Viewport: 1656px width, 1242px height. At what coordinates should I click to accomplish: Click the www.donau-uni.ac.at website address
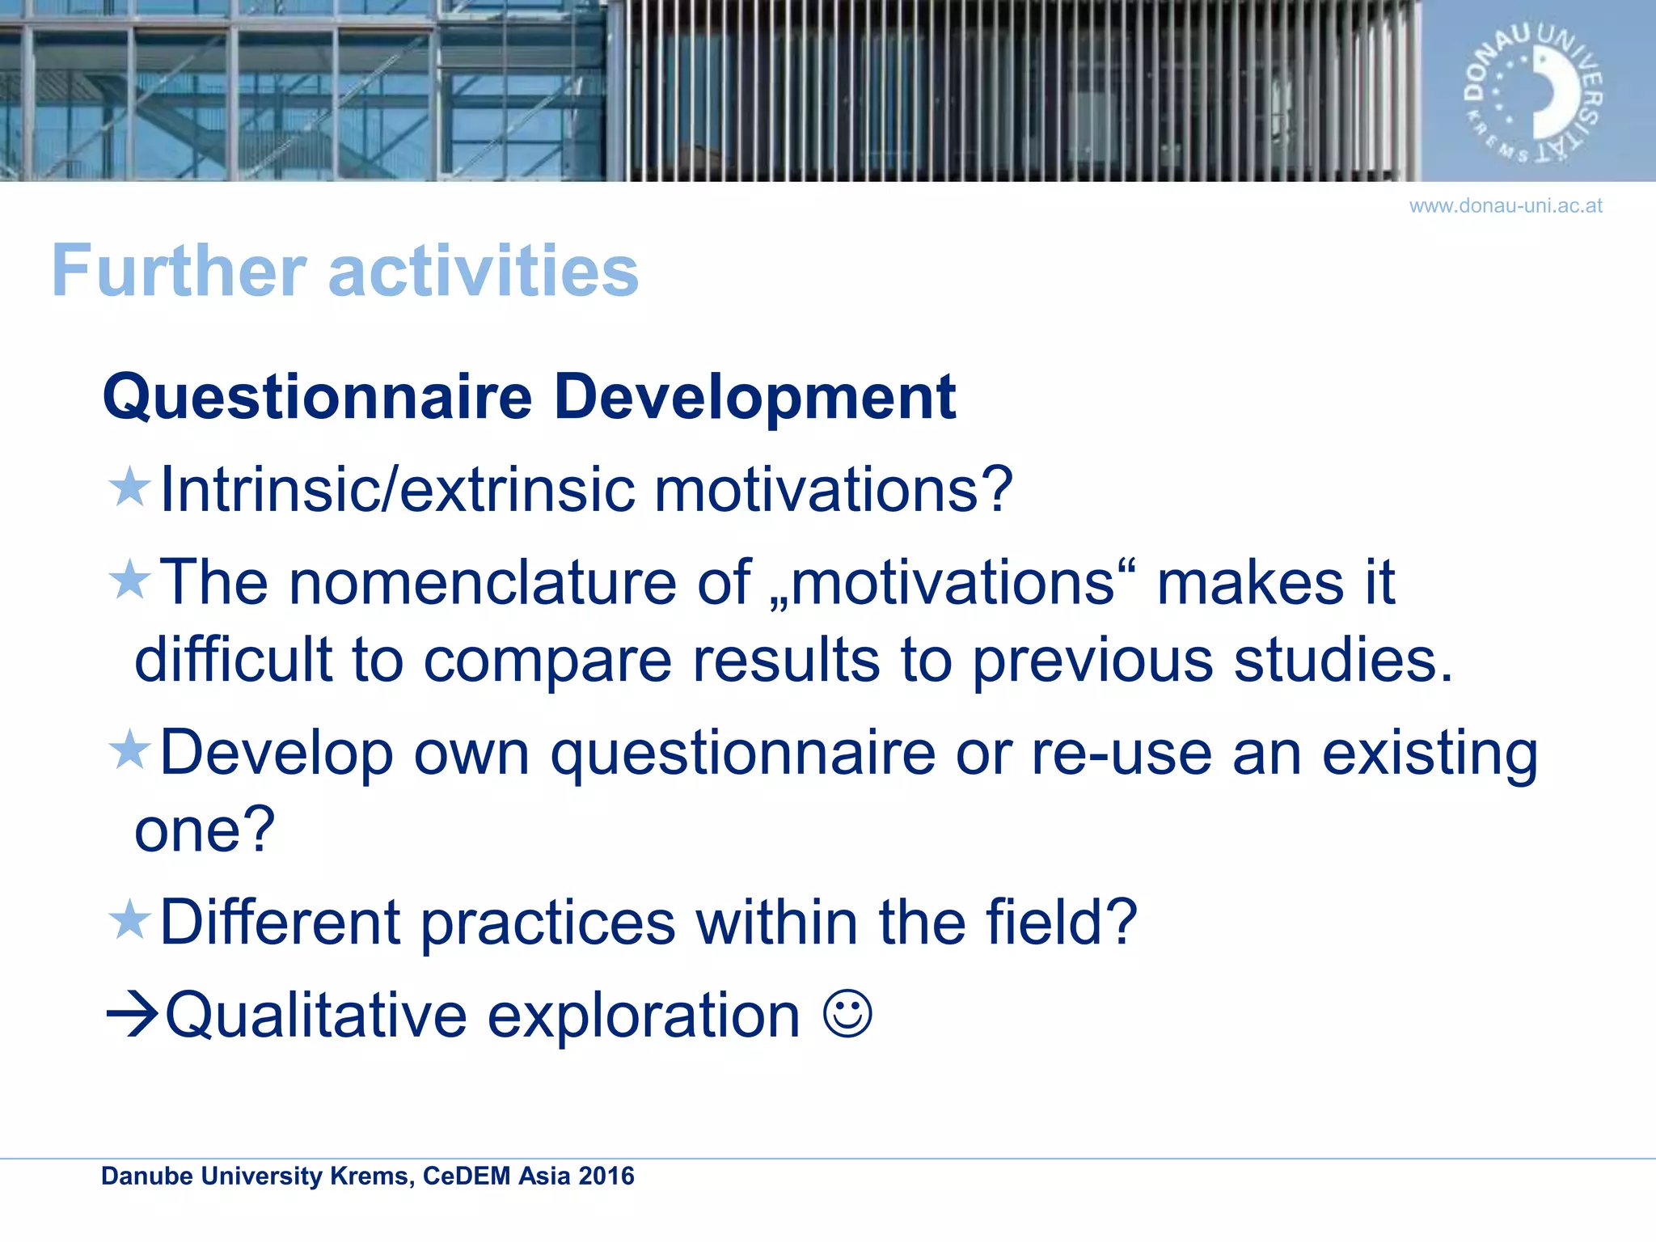tap(1505, 206)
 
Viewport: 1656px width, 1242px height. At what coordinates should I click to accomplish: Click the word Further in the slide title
tap(179, 271)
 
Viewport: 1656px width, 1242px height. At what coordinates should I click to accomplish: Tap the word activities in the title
tap(483, 271)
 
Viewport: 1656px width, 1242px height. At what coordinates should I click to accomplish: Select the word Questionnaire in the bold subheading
tap(317, 398)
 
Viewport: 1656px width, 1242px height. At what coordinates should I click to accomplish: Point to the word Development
tap(754, 398)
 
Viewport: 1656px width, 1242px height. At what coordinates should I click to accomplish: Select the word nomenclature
tap(483, 583)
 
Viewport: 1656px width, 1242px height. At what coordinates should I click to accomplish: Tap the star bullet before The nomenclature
tap(129, 580)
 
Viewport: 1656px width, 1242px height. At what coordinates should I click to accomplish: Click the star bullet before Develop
tap(129, 750)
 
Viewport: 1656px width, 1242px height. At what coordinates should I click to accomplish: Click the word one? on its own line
tap(205, 830)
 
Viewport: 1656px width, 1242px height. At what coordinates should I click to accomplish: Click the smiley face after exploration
tap(847, 1014)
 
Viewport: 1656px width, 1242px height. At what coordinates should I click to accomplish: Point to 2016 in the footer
tap(606, 1176)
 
